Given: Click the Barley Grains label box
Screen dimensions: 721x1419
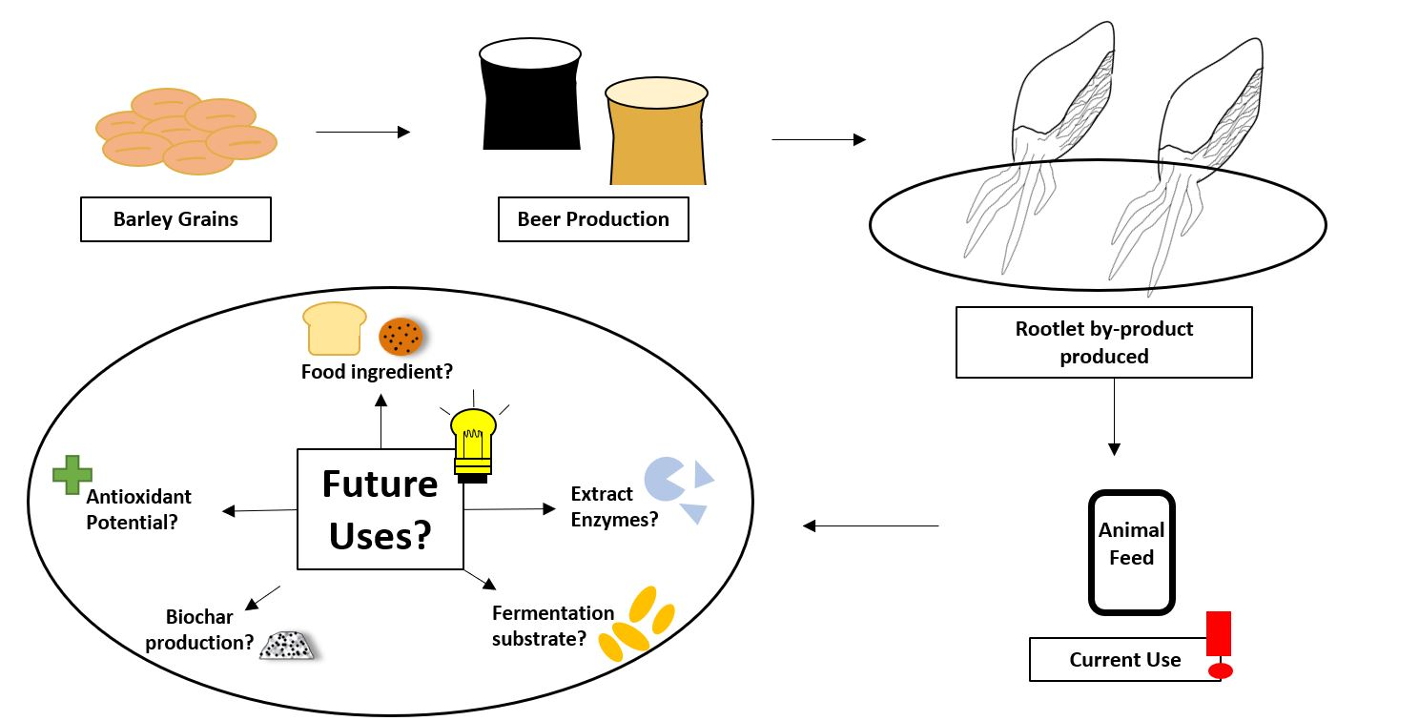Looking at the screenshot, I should [x=175, y=219].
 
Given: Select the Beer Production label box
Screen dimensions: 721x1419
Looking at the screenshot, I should [x=593, y=219].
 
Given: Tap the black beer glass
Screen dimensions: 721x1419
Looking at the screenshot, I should [x=530, y=95].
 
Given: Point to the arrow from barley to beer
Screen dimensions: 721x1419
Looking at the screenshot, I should [x=362, y=133].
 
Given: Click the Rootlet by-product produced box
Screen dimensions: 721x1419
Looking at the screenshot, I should [x=1103, y=342].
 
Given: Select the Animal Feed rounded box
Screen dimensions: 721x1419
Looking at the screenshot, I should [x=1131, y=552].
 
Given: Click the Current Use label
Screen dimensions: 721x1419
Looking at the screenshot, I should [x=1124, y=660].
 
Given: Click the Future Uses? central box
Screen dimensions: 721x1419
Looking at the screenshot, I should [x=380, y=509].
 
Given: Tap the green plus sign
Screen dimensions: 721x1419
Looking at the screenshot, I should [x=72, y=474].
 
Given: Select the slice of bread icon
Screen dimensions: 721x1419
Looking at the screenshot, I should [x=334, y=327].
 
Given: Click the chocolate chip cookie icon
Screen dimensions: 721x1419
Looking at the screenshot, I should [x=401, y=336].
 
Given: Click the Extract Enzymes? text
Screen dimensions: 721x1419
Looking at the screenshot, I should [x=614, y=507].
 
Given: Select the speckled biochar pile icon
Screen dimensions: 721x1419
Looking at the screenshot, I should [x=286, y=646].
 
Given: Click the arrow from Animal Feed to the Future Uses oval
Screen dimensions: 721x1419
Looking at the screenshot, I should [x=871, y=525].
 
